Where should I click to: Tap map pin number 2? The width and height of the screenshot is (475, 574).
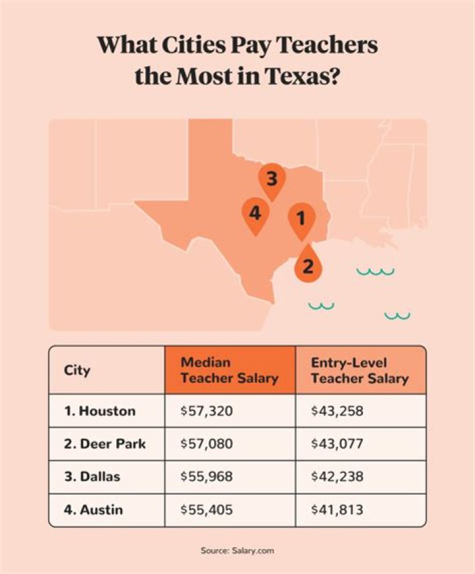click(308, 265)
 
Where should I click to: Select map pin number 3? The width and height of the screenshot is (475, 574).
click(272, 179)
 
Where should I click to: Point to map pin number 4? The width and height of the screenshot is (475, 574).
click(255, 214)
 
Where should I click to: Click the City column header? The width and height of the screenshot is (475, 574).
click(77, 370)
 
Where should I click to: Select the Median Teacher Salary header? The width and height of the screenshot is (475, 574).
click(229, 370)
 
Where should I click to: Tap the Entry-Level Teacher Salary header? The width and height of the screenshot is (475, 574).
click(360, 370)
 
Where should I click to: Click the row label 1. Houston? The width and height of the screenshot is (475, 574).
click(100, 411)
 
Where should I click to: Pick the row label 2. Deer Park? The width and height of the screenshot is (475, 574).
click(105, 444)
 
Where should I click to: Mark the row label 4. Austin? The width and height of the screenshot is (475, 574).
click(94, 509)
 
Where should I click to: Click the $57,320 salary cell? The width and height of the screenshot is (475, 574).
click(206, 411)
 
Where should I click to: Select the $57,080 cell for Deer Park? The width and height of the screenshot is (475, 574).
click(206, 444)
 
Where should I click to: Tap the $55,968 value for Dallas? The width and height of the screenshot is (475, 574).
click(206, 477)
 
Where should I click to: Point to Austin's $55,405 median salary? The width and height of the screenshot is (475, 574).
click(206, 509)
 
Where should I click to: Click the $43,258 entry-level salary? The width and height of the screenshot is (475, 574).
click(337, 411)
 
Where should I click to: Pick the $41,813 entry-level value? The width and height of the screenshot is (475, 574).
click(336, 509)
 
